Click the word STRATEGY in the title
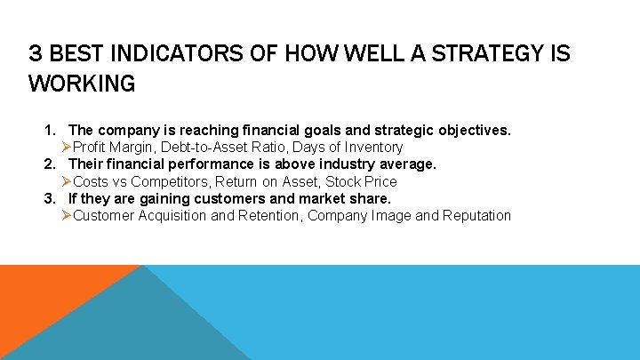[x=484, y=54]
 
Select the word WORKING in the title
[x=82, y=84]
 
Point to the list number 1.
[x=52, y=131]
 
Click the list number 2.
[x=52, y=164]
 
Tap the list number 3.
[x=52, y=198]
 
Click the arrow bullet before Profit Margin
[x=67, y=148]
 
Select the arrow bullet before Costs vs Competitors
[x=67, y=181]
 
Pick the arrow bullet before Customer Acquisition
[x=67, y=216]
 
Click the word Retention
[x=268, y=216]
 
